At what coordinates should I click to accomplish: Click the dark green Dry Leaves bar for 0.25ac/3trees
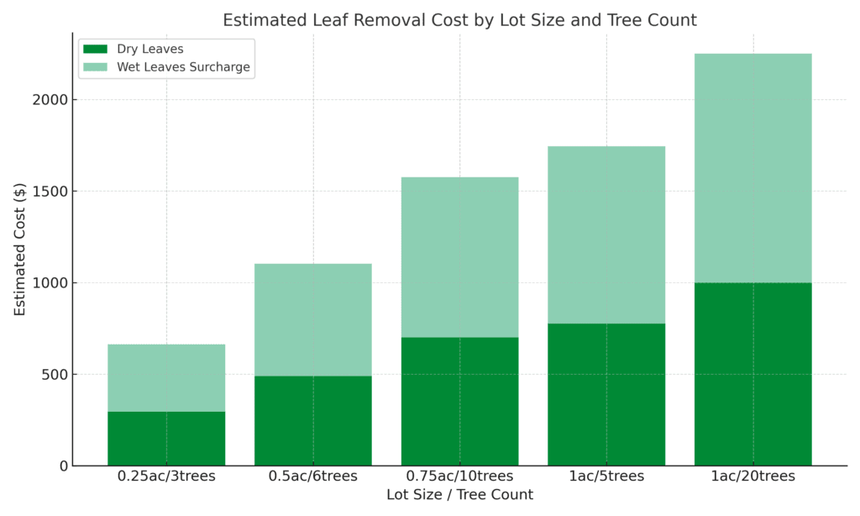click(166, 438)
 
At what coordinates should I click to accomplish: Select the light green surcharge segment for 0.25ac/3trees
click(166, 377)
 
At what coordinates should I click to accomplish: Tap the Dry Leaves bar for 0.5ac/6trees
click(312, 420)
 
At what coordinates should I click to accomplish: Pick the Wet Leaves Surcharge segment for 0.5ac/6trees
click(312, 319)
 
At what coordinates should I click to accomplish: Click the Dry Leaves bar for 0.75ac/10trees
click(459, 401)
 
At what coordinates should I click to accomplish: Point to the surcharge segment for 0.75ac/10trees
click(459, 257)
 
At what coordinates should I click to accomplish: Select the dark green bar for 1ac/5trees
click(606, 394)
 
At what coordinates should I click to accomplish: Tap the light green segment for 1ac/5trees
click(606, 234)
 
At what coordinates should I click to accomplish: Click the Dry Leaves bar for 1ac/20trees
click(752, 374)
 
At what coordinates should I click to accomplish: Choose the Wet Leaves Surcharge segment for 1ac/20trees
click(752, 168)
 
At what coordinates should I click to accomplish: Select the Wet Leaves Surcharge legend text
click(183, 67)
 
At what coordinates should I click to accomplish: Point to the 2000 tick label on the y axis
click(50, 100)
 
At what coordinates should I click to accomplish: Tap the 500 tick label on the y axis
click(55, 374)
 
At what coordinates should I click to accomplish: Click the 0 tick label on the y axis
click(64, 466)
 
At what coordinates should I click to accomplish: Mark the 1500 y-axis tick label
click(50, 192)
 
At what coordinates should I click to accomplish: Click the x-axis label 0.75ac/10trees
click(459, 477)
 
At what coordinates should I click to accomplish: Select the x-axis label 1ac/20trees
click(752, 477)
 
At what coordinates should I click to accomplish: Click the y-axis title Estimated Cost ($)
click(20, 250)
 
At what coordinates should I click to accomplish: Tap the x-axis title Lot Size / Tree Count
click(459, 495)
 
